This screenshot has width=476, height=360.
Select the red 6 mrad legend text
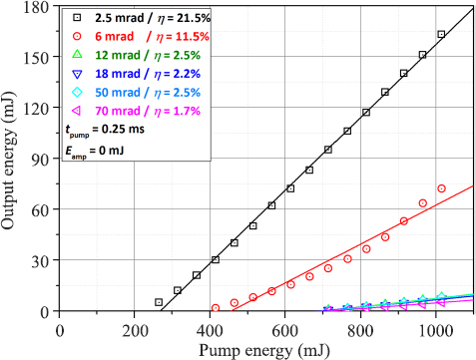pyautogui.click(x=140, y=37)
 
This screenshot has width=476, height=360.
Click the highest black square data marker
pyautogui.click(x=441, y=35)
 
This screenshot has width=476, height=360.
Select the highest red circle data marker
pyautogui.click(x=441, y=188)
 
